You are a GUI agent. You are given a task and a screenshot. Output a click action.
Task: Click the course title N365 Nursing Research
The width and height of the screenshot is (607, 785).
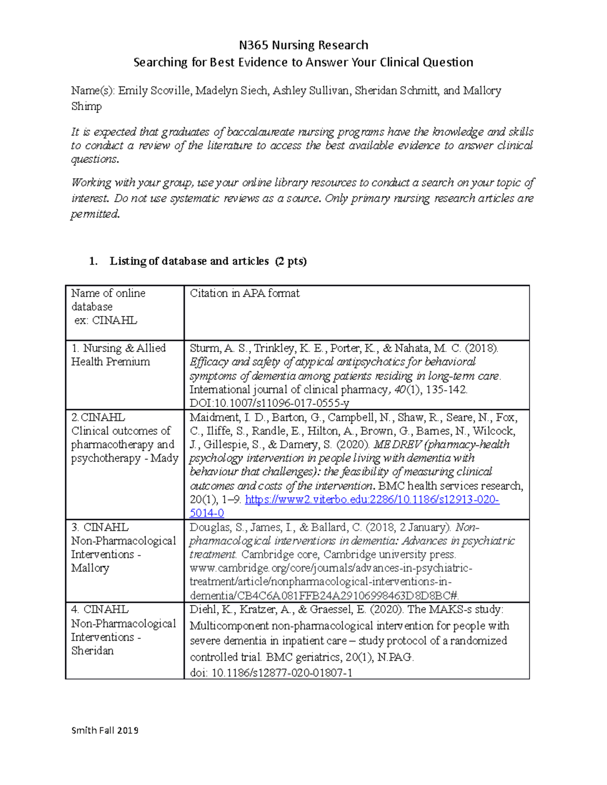(303, 45)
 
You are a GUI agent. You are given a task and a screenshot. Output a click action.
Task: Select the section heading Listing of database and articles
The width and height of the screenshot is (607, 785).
(189, 261)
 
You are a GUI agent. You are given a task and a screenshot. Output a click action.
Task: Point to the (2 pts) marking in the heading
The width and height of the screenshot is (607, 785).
(291, 261)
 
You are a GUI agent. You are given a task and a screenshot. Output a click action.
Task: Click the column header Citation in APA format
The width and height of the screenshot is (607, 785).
(244, 293)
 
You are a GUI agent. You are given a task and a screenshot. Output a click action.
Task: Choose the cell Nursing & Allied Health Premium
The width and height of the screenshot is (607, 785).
(118, 355)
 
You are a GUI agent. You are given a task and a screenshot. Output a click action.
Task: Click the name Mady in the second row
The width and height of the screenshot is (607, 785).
(164, 458)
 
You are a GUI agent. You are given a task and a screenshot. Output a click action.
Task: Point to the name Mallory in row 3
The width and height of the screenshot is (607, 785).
(90, 568)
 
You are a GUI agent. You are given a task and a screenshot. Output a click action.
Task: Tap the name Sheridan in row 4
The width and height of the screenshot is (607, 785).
(92, 651)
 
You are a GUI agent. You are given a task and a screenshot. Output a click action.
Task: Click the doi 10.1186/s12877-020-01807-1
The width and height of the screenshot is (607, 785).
(281, 673)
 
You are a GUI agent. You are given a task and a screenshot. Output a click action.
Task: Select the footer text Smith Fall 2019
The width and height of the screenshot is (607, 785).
(105, 730)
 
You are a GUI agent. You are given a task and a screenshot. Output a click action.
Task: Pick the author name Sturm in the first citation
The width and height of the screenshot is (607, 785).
(204, 348)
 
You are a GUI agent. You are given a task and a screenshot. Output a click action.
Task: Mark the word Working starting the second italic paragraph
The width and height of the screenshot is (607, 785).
(91, 183)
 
